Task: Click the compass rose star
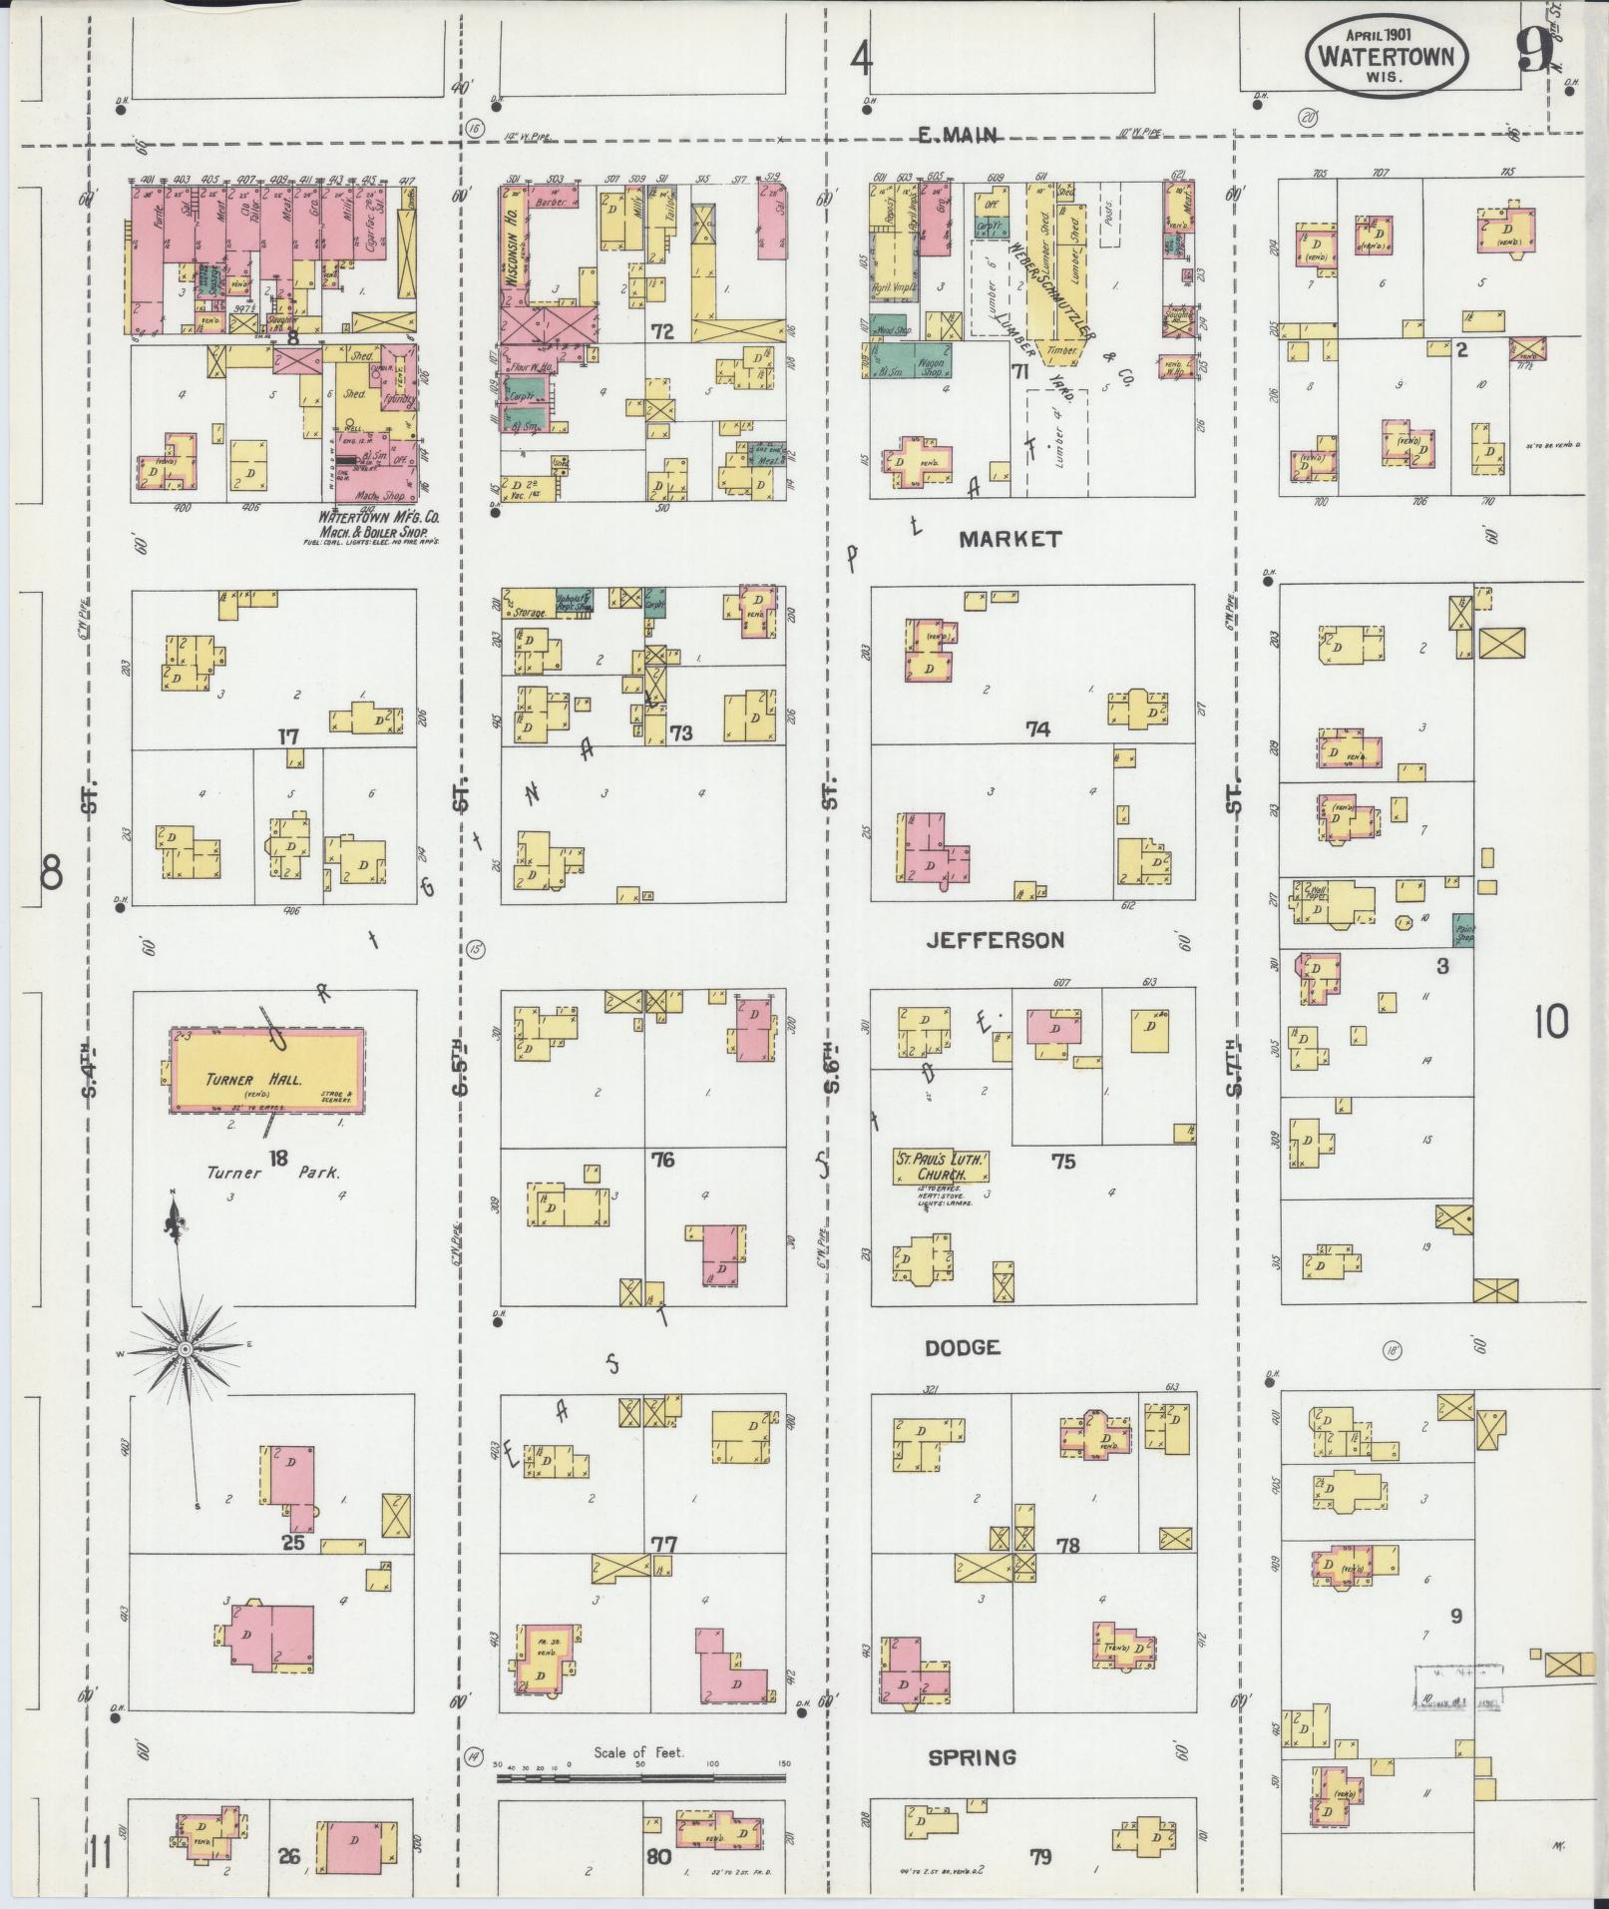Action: click(186, 1350)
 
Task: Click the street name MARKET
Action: click(1010, 540)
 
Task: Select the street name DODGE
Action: click(962, 1348)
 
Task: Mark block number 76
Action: click(662, 1160)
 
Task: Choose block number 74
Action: click(1037, 729)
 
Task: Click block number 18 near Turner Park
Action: click(277, 1158)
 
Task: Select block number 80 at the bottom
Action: click(657, 1857)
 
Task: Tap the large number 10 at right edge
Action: click(1552, 1022)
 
